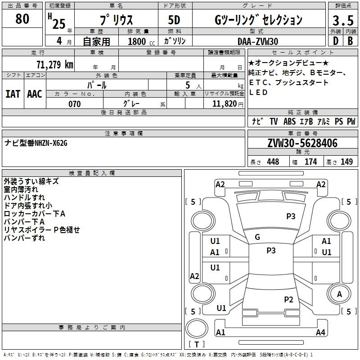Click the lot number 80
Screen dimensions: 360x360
[x=22, y=19]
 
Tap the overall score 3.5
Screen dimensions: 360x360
[x=343, y=21]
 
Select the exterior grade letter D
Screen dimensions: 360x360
[x=335, y=41]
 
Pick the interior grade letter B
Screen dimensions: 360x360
[x=350, y=41]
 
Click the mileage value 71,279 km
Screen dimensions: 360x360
[x=55, y=65]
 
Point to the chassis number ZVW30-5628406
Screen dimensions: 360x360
[x=302, y=143]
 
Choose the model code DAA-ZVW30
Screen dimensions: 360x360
[x=258, y=41]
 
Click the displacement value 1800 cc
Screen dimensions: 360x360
[x=141, y=41]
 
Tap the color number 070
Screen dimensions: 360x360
[x=74, y=104]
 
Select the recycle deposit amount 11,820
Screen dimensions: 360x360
[x=225, y=104]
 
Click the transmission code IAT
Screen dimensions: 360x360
[x=13, y=94]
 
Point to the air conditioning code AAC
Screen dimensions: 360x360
[x=35, y=94]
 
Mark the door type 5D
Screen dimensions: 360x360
[x=174, y=20]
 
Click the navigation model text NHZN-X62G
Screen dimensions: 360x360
[x=51, y=143]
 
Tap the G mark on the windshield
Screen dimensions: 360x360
[x=257, y=237]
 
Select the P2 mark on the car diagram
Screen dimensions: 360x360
[x=288, y=299]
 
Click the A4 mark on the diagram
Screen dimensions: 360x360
[x=320, y=333]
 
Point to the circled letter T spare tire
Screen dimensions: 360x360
[x=197, y=344]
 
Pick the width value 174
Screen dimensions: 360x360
[x=311, y=162]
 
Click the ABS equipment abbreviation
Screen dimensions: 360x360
[x=289, y=121]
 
